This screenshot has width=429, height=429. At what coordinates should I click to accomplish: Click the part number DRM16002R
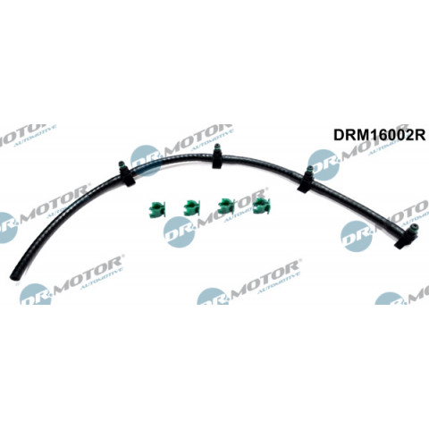pos(379,135)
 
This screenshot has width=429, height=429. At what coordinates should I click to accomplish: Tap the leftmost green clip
pos(156,209)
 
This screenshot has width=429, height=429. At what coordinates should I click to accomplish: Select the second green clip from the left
pos(191,208)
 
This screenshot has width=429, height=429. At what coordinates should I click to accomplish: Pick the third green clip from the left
pos(226,206)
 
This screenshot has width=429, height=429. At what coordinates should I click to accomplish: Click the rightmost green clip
pos(261,206)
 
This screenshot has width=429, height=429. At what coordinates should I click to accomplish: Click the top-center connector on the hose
pos(218,156)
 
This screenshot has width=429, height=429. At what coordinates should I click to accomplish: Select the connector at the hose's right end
pos(407,236)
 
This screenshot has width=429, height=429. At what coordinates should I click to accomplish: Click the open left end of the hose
pos(13,275)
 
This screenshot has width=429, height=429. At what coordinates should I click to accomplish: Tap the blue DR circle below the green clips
pos(179,231)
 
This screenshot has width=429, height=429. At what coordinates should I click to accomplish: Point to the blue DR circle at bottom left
pos(35,294)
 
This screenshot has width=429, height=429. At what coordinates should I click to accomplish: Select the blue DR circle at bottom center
pos(213,296)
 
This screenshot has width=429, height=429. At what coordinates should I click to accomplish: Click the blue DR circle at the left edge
pos(7,228)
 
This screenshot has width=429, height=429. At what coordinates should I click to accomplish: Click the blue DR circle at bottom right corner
pos(390,299)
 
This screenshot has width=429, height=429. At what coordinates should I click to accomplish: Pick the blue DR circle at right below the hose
pos(357,236)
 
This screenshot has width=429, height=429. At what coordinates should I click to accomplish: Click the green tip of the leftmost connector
pos(122,164)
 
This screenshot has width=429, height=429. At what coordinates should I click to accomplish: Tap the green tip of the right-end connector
pos(415,227)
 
